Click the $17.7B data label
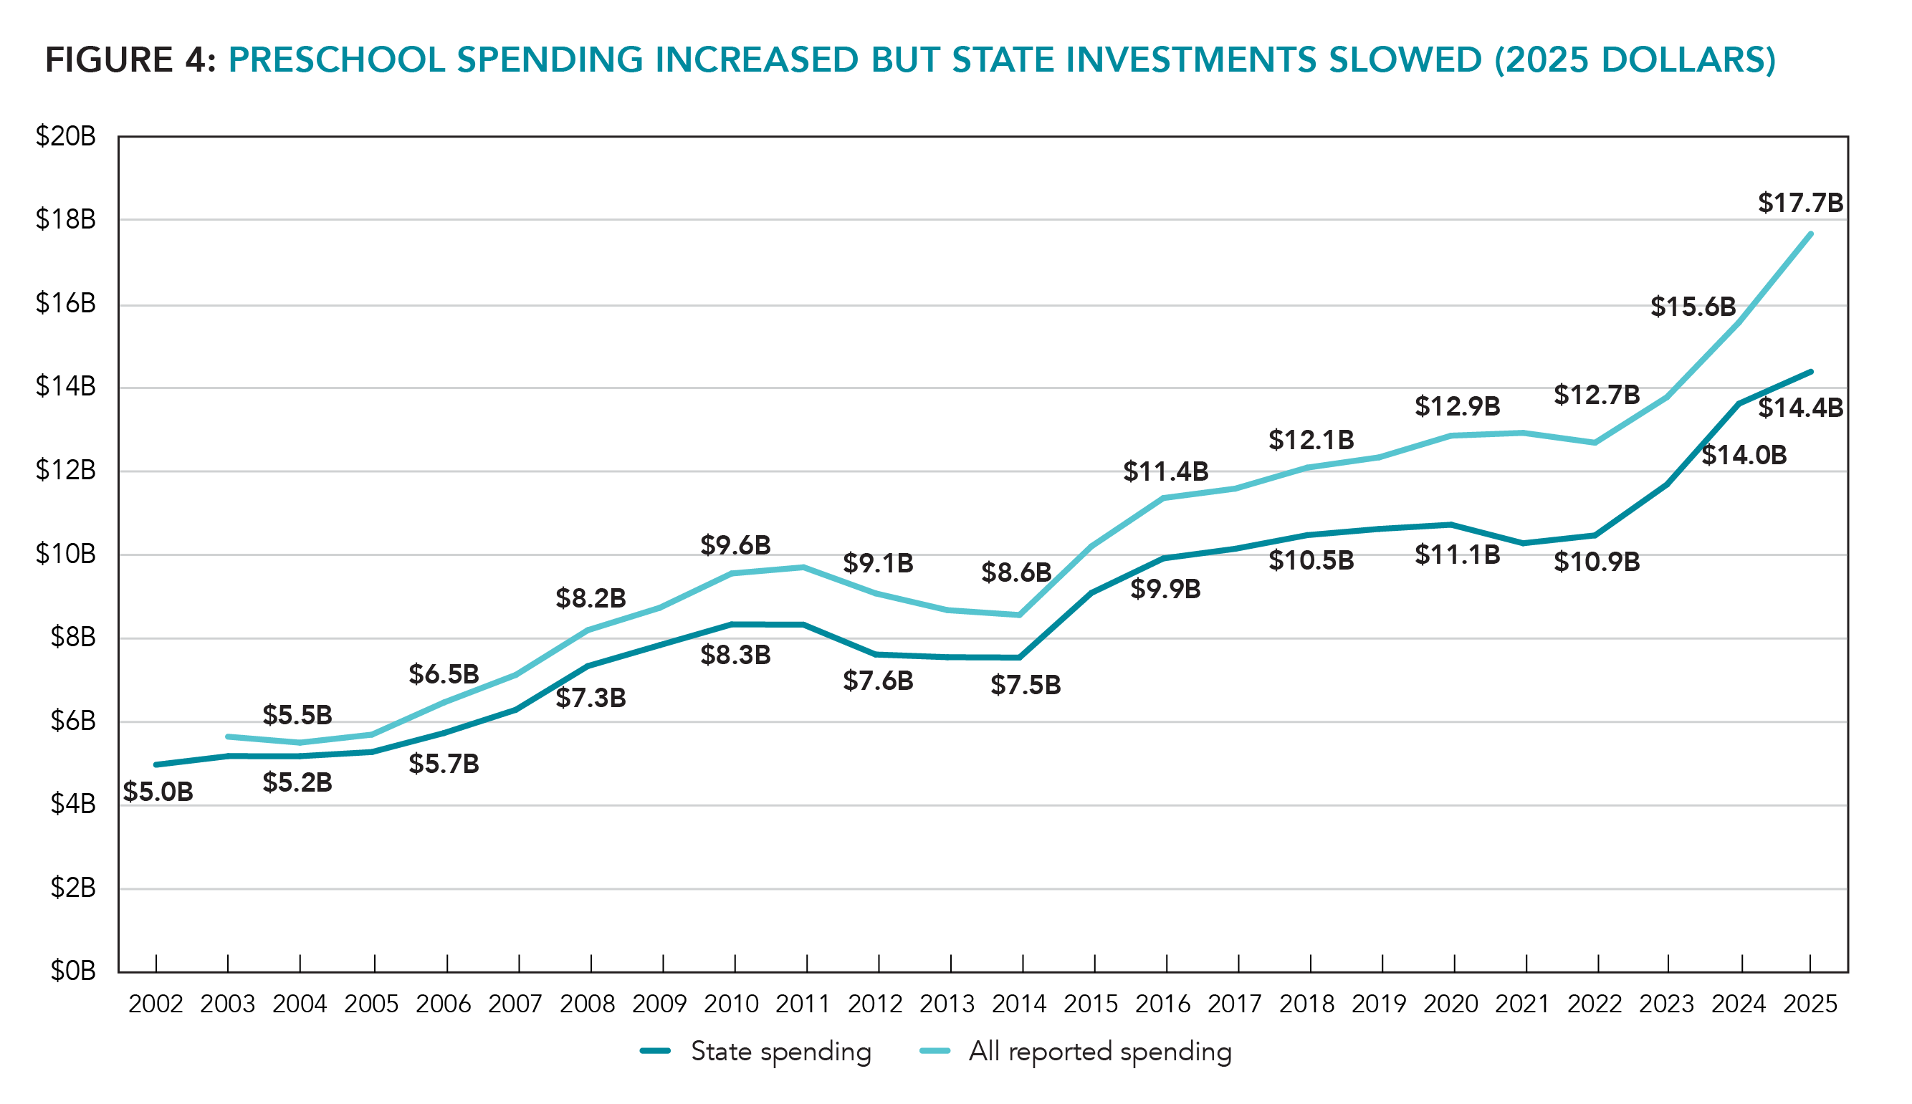[1799, 203]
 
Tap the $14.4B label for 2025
[1799, 408]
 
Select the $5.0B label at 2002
[158, 792]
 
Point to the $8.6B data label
[1015, 572]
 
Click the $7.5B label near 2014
[1026, 686]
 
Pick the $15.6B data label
[1693, 307]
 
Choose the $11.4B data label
[1165, 471]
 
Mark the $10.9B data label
[1597, 562]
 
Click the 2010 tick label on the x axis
[731, 1004]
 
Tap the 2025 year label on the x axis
[1810, 1004]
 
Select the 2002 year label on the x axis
[156, 1004]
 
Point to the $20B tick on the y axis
[66, 137]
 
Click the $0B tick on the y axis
[73, 971]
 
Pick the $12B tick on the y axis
[66, 471]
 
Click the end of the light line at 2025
[1810, 234]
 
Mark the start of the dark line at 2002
[156, 764]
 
